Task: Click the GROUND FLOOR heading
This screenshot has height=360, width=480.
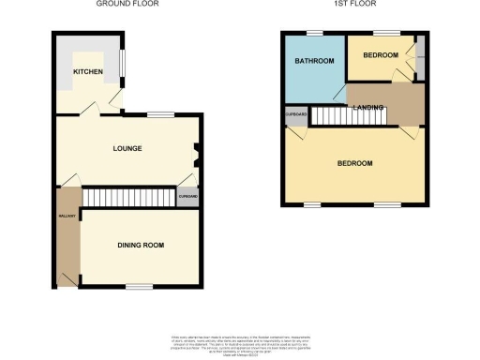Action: (127, 5)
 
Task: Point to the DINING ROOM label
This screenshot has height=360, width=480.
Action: (141, 245)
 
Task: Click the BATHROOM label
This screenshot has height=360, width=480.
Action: (312, 62)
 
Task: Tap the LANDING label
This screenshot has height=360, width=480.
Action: (367, 107)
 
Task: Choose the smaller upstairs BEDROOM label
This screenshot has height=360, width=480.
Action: (381, 55)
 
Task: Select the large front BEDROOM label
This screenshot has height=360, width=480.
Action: (354, 163)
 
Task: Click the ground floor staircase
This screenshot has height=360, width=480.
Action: (129, 198)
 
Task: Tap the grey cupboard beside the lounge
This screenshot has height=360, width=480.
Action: (187, 198)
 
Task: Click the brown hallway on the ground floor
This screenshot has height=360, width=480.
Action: (67, 234)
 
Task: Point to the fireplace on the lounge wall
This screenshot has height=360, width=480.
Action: (197, 149)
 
